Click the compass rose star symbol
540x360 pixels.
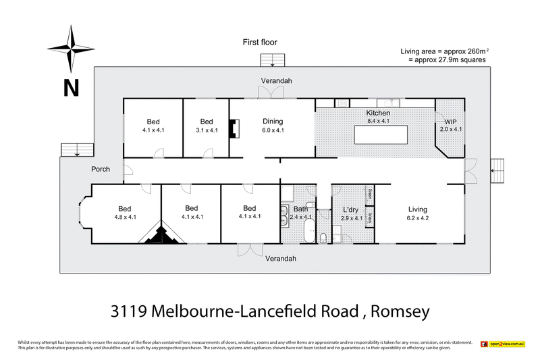tap(70, 49)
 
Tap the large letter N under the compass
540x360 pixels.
tap(72, 86)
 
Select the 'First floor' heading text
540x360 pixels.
tap(260, 42)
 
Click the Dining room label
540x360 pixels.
tap(272, 122)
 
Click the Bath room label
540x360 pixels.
tap(300, 209)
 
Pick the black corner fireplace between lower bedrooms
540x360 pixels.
tap(161, 233)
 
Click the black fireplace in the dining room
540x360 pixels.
tap(234, 128)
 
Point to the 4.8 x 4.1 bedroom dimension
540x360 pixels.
tap(125, 217)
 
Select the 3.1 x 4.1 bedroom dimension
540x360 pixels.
tap(206, 130)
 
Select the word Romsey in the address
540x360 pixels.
tap(395, 311)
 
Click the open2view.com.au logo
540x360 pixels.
tap(503, 344)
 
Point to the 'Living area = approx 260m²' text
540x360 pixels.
tap(442, 51)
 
